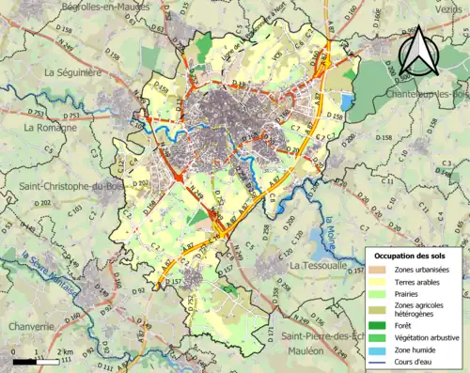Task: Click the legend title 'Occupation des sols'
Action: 415,256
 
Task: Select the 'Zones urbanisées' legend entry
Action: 415,270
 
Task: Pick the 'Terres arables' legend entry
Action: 411,282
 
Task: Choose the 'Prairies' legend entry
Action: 402,294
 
